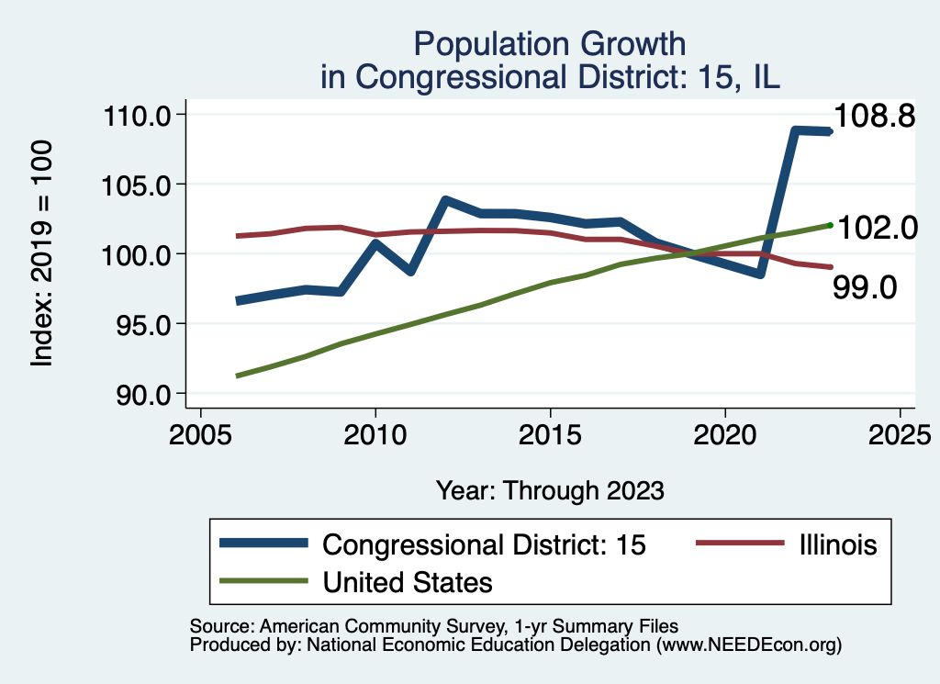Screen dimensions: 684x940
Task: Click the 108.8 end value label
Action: [874, 117]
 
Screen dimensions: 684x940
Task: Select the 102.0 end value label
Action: [876, 228]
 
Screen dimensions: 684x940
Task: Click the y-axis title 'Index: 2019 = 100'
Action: [42, 254]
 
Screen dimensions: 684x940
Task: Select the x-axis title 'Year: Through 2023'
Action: [550, 490]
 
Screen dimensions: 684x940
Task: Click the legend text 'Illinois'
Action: [836, 544]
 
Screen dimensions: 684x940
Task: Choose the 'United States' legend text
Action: [408, 582]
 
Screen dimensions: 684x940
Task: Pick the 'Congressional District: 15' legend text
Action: [485, 544]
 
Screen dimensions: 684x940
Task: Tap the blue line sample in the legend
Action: [264, 544]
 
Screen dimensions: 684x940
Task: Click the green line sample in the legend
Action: [264, 581]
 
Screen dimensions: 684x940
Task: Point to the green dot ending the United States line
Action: [830, 225]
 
